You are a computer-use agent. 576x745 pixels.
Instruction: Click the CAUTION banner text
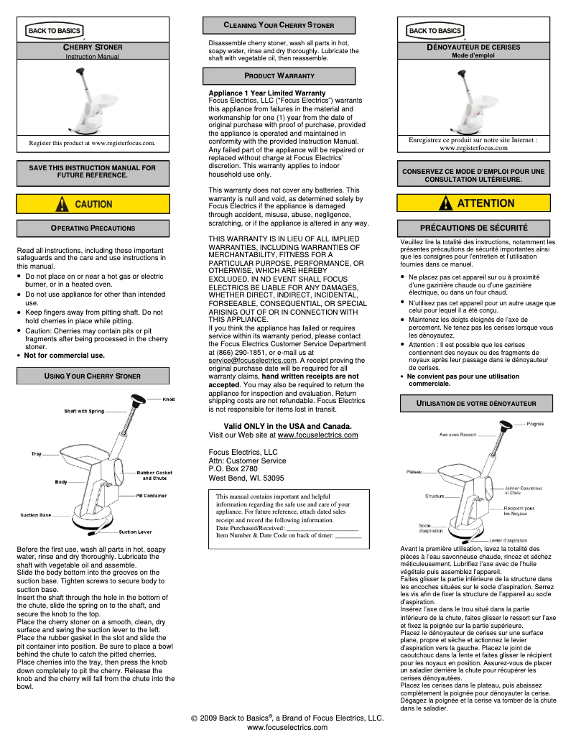(93, 204)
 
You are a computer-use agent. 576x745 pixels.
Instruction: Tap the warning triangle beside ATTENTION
(446, 203)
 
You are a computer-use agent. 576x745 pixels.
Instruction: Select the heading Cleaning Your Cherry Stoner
(279, 25)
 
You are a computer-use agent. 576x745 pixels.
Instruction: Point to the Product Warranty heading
(279, 75)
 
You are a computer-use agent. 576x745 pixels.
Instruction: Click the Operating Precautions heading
(93, 228)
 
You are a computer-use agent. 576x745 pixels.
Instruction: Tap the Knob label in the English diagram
(169, 399)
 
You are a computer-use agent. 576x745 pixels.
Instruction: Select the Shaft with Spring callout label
(84, 412)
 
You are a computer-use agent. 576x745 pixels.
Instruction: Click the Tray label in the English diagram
(36, 454)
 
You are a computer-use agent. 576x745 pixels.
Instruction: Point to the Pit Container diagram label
(152, 496)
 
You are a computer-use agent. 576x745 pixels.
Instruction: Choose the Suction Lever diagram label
(135, 532)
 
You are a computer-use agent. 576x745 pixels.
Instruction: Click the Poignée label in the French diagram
(535, 424)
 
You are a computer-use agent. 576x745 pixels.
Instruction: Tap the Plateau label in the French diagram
(414, 472)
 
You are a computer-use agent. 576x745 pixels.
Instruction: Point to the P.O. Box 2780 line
(233, 469)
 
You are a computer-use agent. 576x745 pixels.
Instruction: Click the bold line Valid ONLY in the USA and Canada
(287, 426)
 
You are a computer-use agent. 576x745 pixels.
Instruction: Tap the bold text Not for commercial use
(64, 355)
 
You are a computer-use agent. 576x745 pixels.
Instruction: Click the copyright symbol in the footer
(194, 718)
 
